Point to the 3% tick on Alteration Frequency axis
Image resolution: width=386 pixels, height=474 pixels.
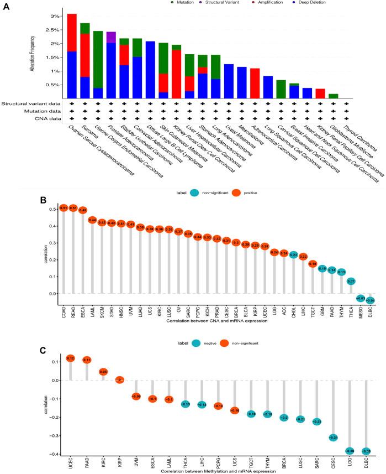pos(51,16)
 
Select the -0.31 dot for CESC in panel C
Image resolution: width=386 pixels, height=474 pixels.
pos(334,437)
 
